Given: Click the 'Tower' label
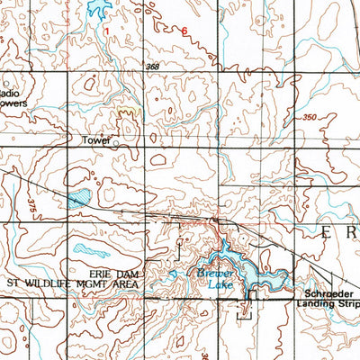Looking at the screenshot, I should [94, 141].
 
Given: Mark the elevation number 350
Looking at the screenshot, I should [310, 117].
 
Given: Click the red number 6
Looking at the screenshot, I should [185, 31].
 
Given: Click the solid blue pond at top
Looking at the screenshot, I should [97, 11].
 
